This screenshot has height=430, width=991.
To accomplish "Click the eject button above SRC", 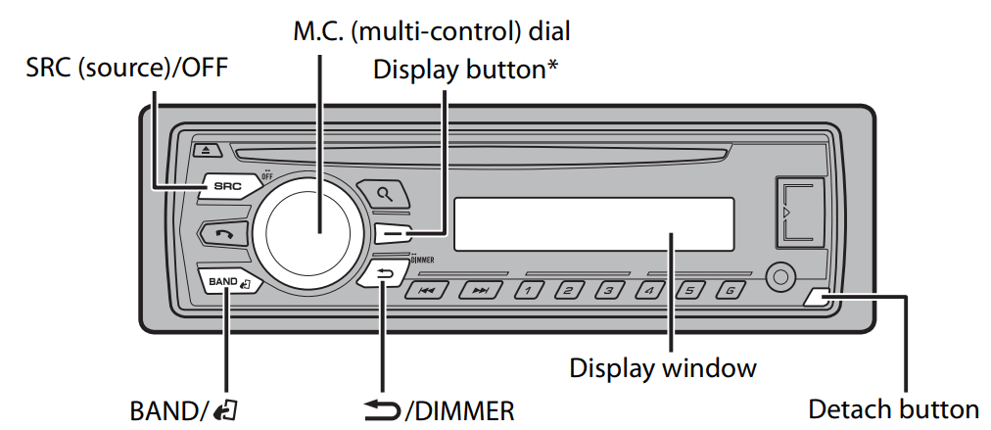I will pos(208,150).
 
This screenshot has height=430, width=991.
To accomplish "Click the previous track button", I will pos(427,291).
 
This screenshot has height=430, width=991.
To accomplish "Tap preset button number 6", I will pos(729,291).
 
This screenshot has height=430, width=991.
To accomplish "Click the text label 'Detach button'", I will pos(893,408).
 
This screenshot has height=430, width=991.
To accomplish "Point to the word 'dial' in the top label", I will pos(548,30).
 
